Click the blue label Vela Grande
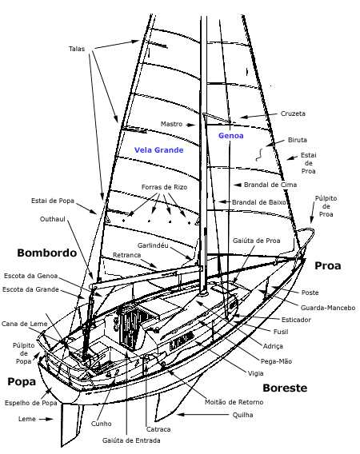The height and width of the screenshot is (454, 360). [x=159, y=150]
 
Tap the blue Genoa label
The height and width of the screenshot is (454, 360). [x=230, y=136]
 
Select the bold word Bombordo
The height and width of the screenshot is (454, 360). [x=47, y=253]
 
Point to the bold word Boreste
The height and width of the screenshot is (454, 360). [x=285, y=388]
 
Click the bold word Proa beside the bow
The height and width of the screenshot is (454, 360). [x=327, y=266]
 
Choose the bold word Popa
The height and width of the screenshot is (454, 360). [x=22, y=381]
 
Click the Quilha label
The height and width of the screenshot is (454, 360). [x=243, y=415]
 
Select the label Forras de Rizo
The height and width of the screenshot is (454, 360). [x=164, y=187]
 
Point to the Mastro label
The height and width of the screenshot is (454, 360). [x=171, y=124]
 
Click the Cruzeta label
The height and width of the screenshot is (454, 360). [x=293, y=113]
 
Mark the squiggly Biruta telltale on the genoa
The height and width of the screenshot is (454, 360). [x=259, y=154]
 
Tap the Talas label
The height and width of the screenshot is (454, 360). [x=77, y=49]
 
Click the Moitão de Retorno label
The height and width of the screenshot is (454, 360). [x=234, y=402]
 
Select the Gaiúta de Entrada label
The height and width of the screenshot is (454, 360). [x=131, y=440]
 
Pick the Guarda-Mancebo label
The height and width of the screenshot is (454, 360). [x=328, y=308]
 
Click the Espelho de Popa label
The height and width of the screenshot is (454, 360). [x=30, y=403]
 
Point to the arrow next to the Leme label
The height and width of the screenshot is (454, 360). [x=46, y=419]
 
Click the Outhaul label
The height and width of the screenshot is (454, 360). [x=53, y=219]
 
